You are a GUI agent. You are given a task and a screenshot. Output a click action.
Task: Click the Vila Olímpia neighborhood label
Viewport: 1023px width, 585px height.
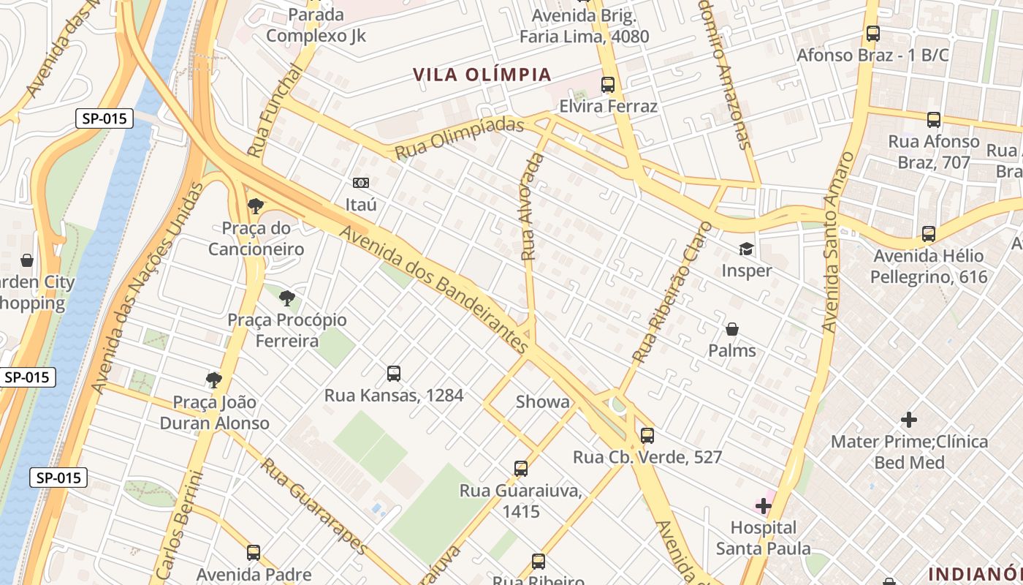(482, 75)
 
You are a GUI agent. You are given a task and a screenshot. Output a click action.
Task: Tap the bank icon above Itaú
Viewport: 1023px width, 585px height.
(361, 183)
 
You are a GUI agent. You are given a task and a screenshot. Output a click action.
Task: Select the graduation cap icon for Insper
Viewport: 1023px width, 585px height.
(746, 249)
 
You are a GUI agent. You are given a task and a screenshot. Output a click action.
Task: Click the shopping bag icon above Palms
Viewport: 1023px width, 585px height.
(732, 329)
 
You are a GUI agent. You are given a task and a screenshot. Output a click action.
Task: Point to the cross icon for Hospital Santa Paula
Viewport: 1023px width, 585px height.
(764, 506)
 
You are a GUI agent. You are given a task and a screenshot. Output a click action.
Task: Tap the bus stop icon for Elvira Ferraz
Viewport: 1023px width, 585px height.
(608, 85)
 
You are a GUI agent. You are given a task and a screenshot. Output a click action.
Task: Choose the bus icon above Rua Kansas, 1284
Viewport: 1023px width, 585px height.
(394, 374)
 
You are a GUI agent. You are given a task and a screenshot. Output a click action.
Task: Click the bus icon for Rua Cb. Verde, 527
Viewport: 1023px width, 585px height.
(647, 436)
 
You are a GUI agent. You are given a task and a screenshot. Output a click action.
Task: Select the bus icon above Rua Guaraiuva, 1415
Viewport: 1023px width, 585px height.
(521, 468)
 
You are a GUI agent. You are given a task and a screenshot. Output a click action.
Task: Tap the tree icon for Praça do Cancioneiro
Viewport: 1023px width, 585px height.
(256, 206)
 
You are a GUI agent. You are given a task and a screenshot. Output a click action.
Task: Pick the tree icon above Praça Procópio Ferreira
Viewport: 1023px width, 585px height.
(287, 298)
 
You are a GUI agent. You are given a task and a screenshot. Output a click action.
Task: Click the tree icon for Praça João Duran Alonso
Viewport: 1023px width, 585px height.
(214, 380)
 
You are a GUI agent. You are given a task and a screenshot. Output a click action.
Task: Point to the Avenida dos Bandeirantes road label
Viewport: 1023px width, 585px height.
(434, 286)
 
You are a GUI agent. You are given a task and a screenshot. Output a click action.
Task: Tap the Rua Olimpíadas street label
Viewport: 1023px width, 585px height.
(460, 138)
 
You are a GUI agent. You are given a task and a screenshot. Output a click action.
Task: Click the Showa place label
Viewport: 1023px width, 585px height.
(542, 401)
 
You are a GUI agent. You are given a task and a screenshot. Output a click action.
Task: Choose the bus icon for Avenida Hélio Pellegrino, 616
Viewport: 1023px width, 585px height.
(929, 234)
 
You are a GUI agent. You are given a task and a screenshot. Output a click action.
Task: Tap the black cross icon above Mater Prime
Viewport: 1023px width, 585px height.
(909, 420)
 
